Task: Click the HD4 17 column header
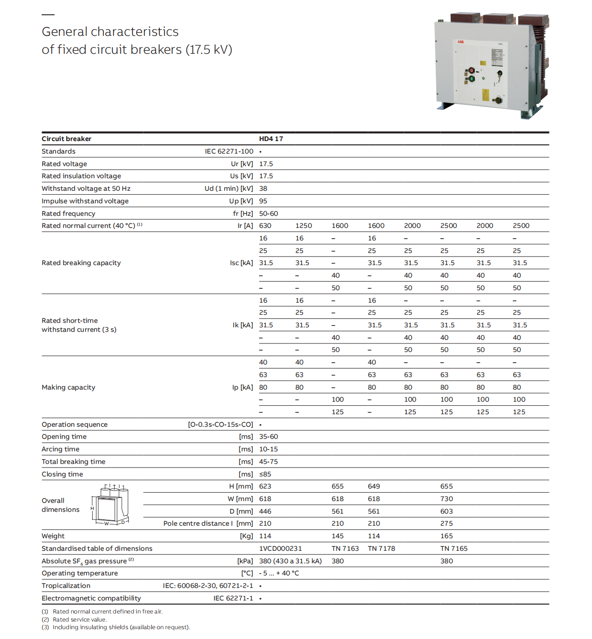tap(271, 139)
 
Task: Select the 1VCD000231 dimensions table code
tap(280, 549)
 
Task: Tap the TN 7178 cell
tap(381, 549)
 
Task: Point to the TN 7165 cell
tap(454, 549)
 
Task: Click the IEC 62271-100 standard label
tap(229, 151)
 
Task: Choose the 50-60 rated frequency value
tap(268, 214)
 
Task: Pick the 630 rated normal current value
tap(265, 226)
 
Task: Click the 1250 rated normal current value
tap(303, 226)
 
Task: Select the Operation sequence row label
tap(75, 425)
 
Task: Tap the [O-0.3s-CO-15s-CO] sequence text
tap(220, 425)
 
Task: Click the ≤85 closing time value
tap(265, 474)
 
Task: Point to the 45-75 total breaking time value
tap(268, 462)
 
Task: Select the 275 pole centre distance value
tap(447, 523)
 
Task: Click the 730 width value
tap(447, 499)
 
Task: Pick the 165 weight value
tap(447, 536)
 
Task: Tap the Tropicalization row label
tap(66, 586)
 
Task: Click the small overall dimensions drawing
tap(111, 505)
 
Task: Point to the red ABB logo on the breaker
tap(460, 42)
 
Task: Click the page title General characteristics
tap(110, 32)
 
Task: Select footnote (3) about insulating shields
tap(116, 627)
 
